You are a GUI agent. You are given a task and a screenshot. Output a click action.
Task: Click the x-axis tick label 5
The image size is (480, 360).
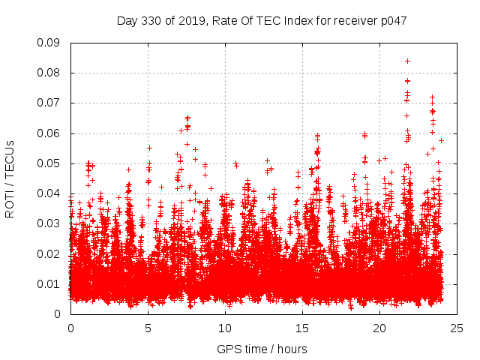point(148,328)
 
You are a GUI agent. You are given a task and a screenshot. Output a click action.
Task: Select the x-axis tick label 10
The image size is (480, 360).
point(225,328)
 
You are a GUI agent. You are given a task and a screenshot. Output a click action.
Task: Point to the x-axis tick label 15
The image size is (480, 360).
point(302,328)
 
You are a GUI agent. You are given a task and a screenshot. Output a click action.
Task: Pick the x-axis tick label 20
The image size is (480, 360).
point(379,328)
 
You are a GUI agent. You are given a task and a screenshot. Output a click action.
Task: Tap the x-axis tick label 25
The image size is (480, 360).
point(457,328)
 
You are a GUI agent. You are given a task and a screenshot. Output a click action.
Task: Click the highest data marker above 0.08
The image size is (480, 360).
point(407,61)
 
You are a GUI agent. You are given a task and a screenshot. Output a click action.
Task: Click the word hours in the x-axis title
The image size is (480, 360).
point(291,349)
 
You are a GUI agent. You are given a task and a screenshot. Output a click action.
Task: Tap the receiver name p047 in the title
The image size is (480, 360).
point(393,21)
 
